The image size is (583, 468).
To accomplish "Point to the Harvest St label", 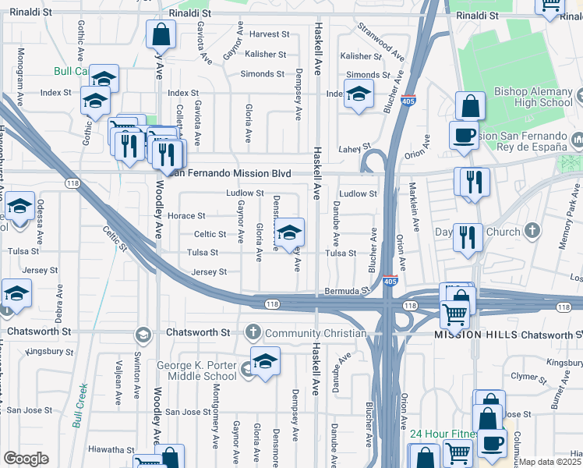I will coord(269,35).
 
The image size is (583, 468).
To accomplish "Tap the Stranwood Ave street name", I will coord(381,43).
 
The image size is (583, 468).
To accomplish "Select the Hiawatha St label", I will coord(111,449).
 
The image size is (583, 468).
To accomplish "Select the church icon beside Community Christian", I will coord(252,333).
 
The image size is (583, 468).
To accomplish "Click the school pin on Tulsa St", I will coord(288,232).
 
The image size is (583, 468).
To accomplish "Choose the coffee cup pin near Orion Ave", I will coord(464,134).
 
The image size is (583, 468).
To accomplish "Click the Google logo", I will coord(26,459).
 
